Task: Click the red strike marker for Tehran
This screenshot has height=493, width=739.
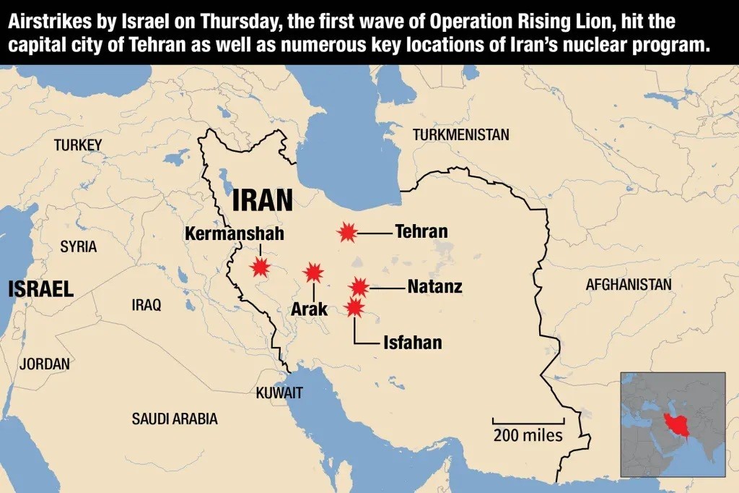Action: [348, 232]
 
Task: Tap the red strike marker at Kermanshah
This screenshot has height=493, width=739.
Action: [259, 267]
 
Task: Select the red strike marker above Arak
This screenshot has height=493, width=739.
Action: [313, 273]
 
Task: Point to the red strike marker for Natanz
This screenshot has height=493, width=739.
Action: [359, 288]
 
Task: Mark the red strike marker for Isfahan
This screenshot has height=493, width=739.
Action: [354, 308]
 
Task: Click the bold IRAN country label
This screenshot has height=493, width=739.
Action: [263, 200]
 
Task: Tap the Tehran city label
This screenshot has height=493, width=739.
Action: [421, 232]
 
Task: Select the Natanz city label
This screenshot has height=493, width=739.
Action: [434, 287]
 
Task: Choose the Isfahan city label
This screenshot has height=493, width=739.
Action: [412, 342]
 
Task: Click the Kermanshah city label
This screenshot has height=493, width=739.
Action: [235, 234]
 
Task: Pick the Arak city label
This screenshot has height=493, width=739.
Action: [310, 309]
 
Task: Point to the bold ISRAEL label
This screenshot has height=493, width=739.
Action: [41, 290]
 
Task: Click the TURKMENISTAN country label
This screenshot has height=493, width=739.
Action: [460, 134]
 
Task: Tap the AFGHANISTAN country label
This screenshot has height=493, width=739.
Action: [629, 285]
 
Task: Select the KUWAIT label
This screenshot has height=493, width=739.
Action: [279, 393]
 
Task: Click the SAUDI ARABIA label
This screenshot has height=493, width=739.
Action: [175, 419]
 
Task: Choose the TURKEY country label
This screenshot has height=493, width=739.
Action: [78, 145]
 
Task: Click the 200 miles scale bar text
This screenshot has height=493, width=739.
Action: [528, 435]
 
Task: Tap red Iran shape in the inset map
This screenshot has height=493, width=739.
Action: [674, 424]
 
